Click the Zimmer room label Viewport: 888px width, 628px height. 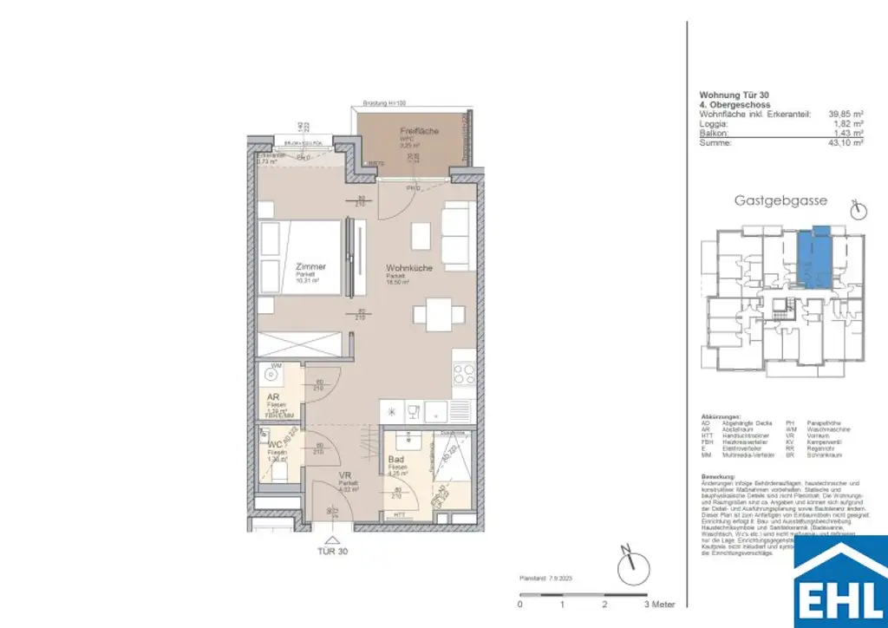[x=310, y=266]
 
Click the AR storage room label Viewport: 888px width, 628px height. [x=271, y=400]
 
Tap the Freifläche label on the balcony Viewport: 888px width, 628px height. [x=420, y=131]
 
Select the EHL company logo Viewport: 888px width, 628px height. [x=841, y=581]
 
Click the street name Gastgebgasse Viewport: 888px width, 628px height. [x=780, y=200]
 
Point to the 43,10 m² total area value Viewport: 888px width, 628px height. [x=846, y=143]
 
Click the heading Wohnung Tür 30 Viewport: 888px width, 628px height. [x=734, y=95]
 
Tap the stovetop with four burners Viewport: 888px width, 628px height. [x=464, y=376]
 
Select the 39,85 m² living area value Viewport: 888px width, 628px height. [x=846, y=113]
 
